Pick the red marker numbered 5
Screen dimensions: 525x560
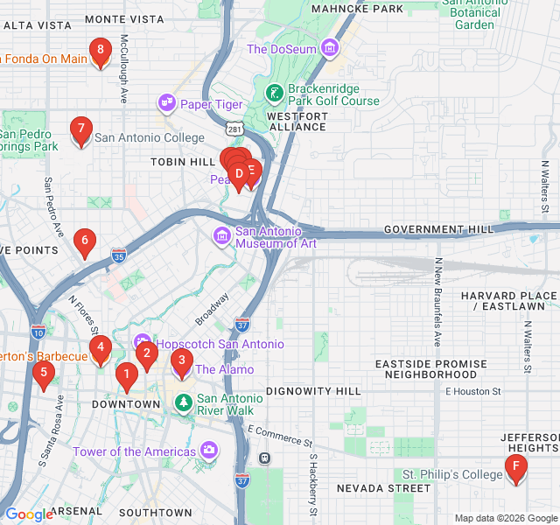coord(43,374)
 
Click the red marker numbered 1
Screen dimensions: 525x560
coord(126,376)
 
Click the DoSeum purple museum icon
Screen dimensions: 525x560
coord(330,49)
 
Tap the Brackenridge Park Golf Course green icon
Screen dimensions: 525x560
coord(274,92)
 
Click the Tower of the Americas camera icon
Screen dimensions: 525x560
coord(209,451)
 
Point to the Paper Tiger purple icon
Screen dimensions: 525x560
coord(166,104)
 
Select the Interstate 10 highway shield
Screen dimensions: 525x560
coord(37,332)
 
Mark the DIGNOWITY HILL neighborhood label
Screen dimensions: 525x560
coord(312,390)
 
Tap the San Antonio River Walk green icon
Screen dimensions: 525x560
coord(184,402)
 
